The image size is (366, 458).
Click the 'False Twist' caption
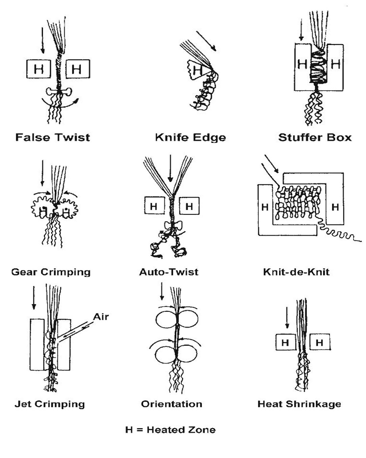53,137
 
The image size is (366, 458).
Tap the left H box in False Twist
39,69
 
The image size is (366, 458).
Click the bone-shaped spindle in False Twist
59,92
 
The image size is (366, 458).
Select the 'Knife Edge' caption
190,137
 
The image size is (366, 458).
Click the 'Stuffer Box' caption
315,137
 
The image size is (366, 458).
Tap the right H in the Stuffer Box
335,64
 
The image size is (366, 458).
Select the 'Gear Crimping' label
51,272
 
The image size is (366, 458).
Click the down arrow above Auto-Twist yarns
170,169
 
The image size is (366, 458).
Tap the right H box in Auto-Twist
189,206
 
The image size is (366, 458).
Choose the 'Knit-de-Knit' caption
296,272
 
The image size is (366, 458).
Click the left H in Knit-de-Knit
265,207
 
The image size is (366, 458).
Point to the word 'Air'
101,317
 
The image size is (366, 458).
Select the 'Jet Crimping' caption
50,404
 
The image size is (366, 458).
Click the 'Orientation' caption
172,404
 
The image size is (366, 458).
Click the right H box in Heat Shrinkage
319,342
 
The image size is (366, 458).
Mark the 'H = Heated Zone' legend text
170,430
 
